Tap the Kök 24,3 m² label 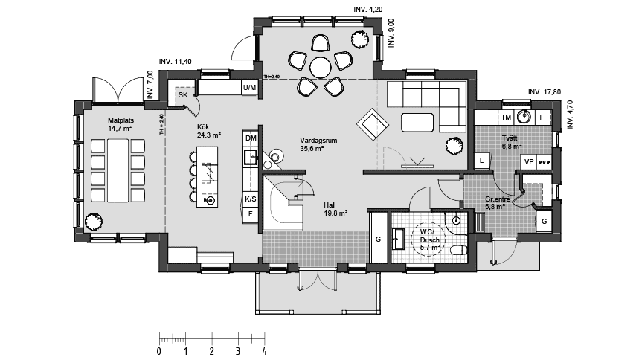tap(209, 131)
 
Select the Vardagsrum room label tap(315, 144)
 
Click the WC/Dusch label tap(430, 237)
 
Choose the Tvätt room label tap(511, 142)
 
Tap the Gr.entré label tap(496, 203)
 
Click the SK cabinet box tap(183, 94)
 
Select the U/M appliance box tap(249, 89)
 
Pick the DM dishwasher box tap(251, 139)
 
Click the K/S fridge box tap(251, 199)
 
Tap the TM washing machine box tap(506, 118)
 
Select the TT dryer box tap(543, 118)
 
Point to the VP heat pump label tap(529, 161)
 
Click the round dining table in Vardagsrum tap(321, 67)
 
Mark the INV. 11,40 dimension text tap(176, 61)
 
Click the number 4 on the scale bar tap(264, 350)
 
